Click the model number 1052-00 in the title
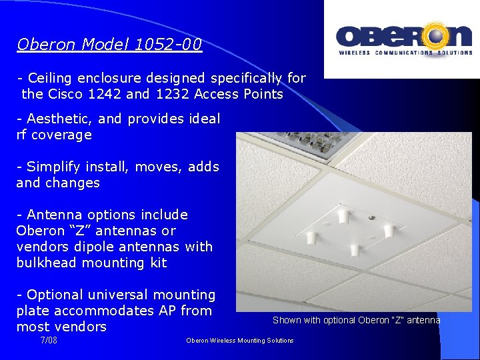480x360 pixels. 168,45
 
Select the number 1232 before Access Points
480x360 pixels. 173,94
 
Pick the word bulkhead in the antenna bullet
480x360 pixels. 43,263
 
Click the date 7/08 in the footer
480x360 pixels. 49,340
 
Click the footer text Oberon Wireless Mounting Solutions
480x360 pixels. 239,341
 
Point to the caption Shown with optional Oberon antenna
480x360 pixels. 356,320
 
